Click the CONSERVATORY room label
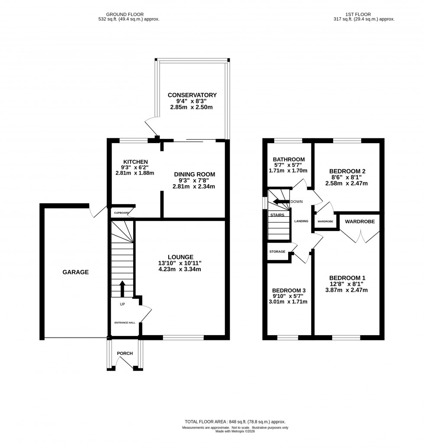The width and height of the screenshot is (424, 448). point(192,95)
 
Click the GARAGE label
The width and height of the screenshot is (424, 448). point(75,272)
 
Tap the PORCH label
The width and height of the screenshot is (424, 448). point(125,353)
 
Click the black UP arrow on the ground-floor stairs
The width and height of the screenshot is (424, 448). point(122,288)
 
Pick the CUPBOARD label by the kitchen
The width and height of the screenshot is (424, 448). point(122,213)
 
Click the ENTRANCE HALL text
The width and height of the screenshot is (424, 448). point(124,323)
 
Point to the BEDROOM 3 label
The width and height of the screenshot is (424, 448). point(289,290)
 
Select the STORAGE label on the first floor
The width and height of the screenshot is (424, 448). point(277,251)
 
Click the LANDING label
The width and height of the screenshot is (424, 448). point(301,221)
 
